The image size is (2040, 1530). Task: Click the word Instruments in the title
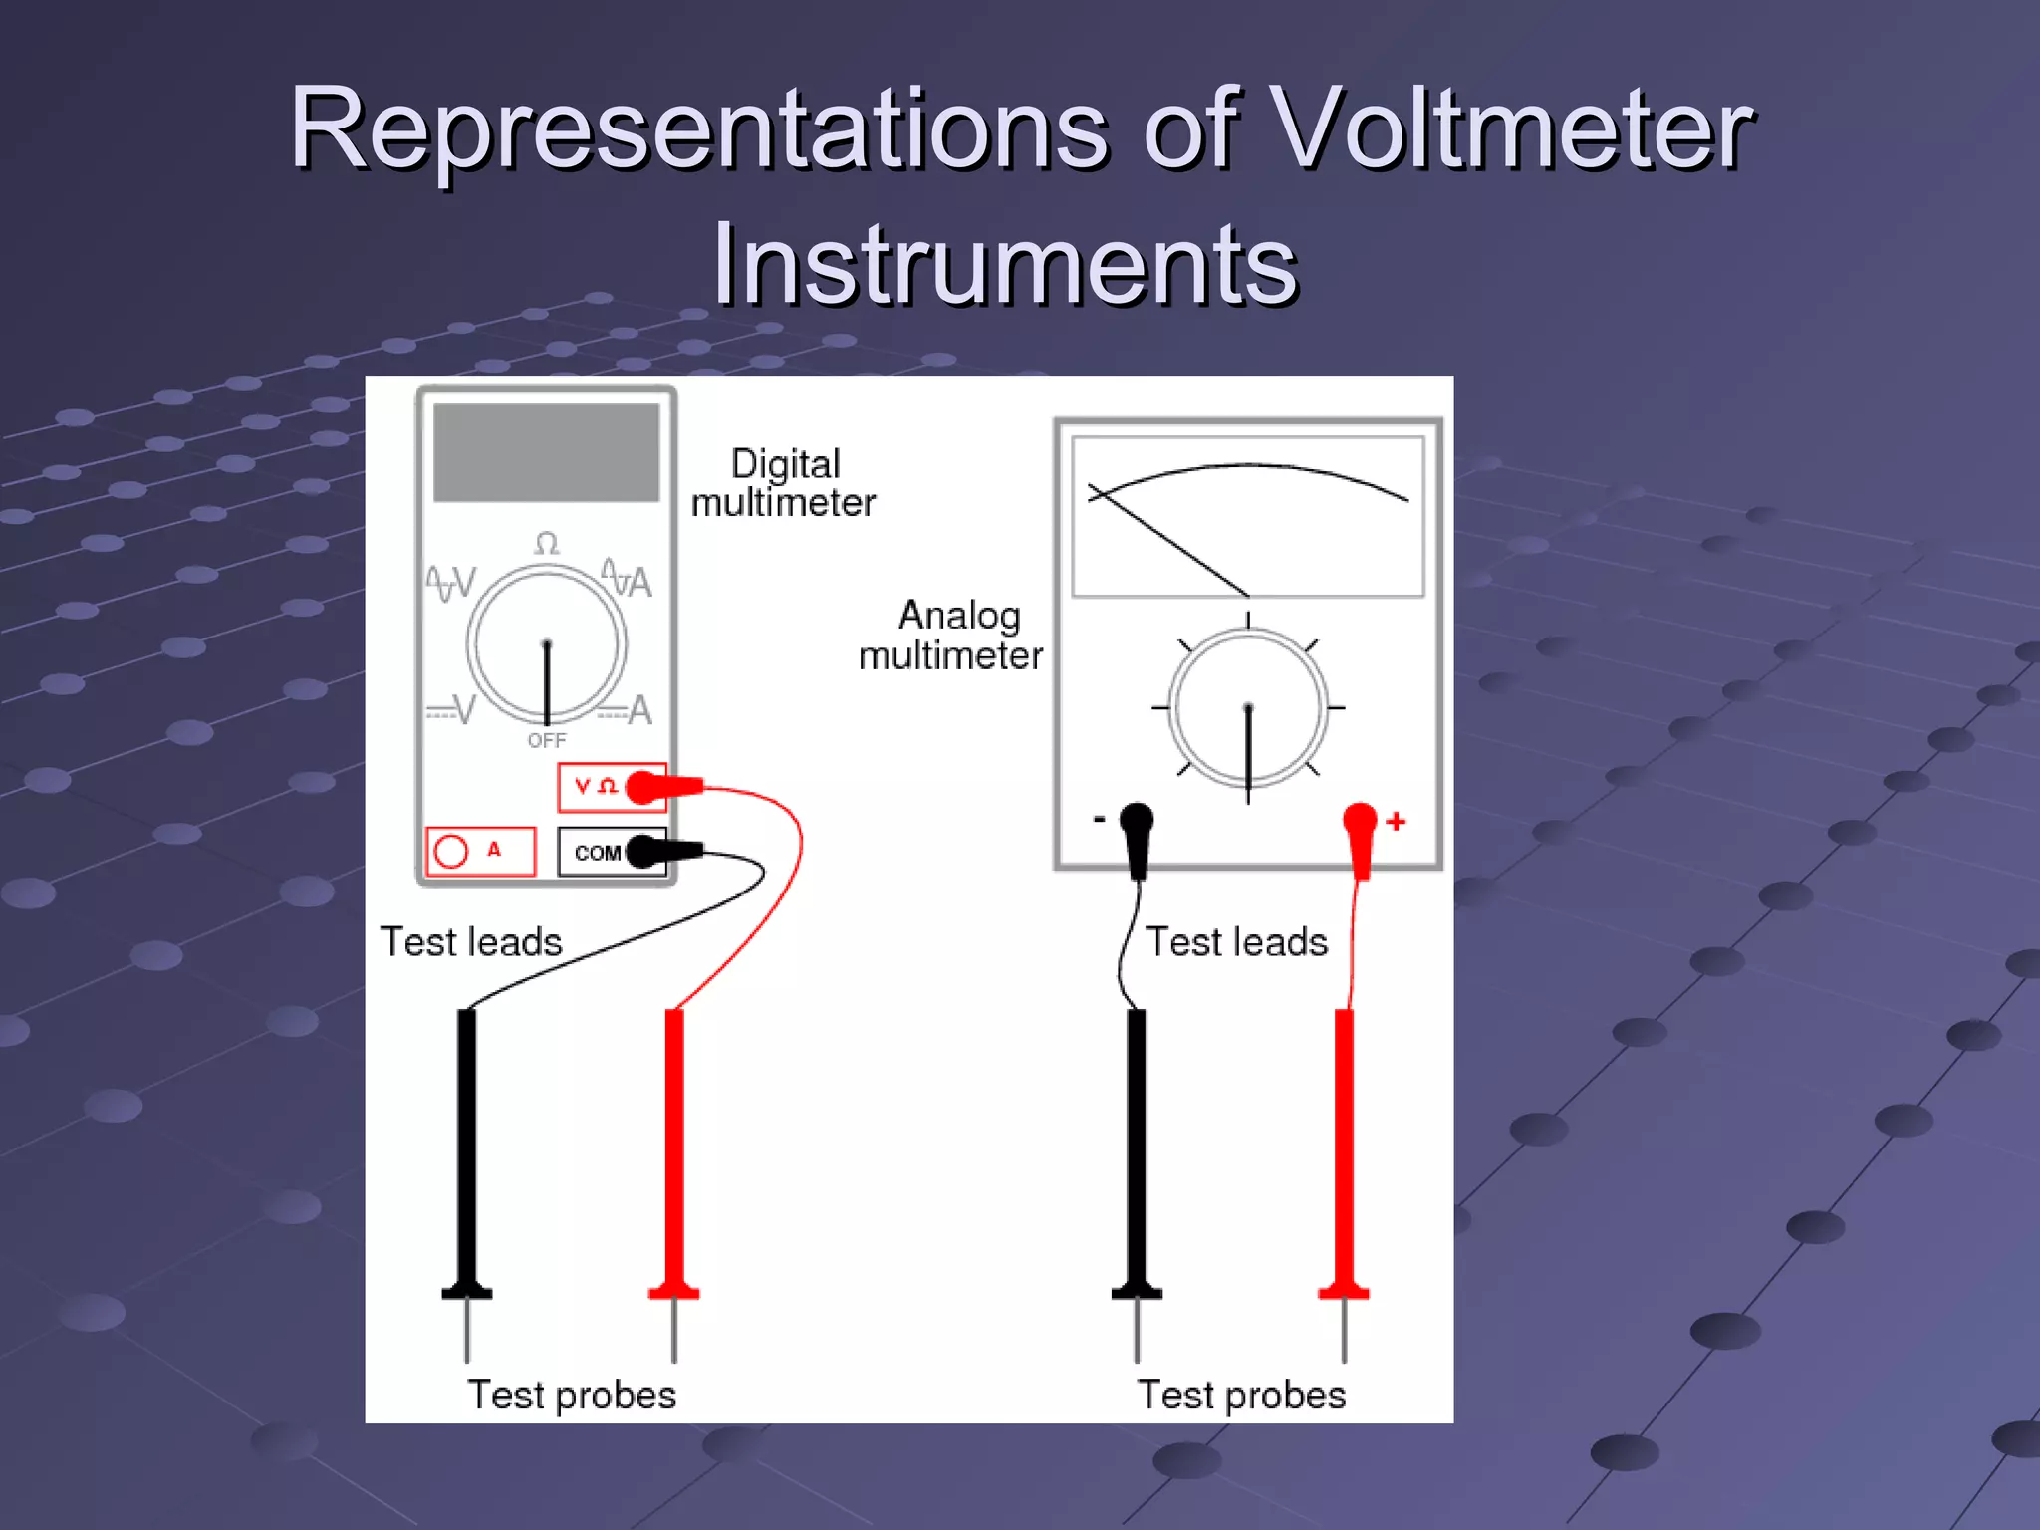[x=1004, y=265]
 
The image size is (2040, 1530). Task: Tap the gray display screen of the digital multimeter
[x=546, y=452]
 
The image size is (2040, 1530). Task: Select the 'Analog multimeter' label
[x=951, y=636]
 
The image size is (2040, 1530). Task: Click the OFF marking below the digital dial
[x=546, y=740]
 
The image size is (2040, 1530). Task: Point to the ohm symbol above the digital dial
[x=546, y=544]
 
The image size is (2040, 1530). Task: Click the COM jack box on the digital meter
[x=596, y=853]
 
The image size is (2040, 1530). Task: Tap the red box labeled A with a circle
[x=480, y=851]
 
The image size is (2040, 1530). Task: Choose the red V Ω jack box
[x=595, y=787]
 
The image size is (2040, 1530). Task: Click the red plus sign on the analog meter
[x=1396, y=821]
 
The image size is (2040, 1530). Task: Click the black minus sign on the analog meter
[x=1099, y=820]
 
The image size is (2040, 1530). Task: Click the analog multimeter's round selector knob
[x=1247, y=707]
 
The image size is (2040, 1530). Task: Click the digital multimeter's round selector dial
[x=546, y=644]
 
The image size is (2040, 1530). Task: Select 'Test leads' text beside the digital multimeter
[x=471, y=942]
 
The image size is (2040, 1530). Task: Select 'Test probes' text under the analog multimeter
[x=1241, y=1395]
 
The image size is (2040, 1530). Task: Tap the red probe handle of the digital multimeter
[x=674, y=1146]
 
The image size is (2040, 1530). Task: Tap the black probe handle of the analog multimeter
[x=1137, y=1146]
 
